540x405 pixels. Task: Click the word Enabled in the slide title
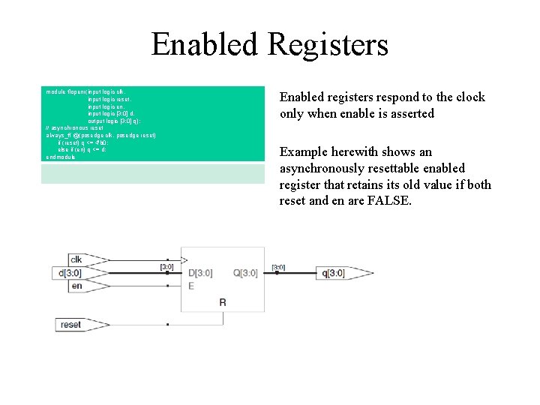205,44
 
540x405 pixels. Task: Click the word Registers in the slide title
328,44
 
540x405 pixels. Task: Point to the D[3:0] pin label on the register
200,273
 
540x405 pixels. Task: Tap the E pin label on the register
190,286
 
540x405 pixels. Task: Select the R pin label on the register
222,302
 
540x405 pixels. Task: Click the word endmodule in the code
61,157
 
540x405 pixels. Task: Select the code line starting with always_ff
101,135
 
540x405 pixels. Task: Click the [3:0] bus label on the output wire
277,267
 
